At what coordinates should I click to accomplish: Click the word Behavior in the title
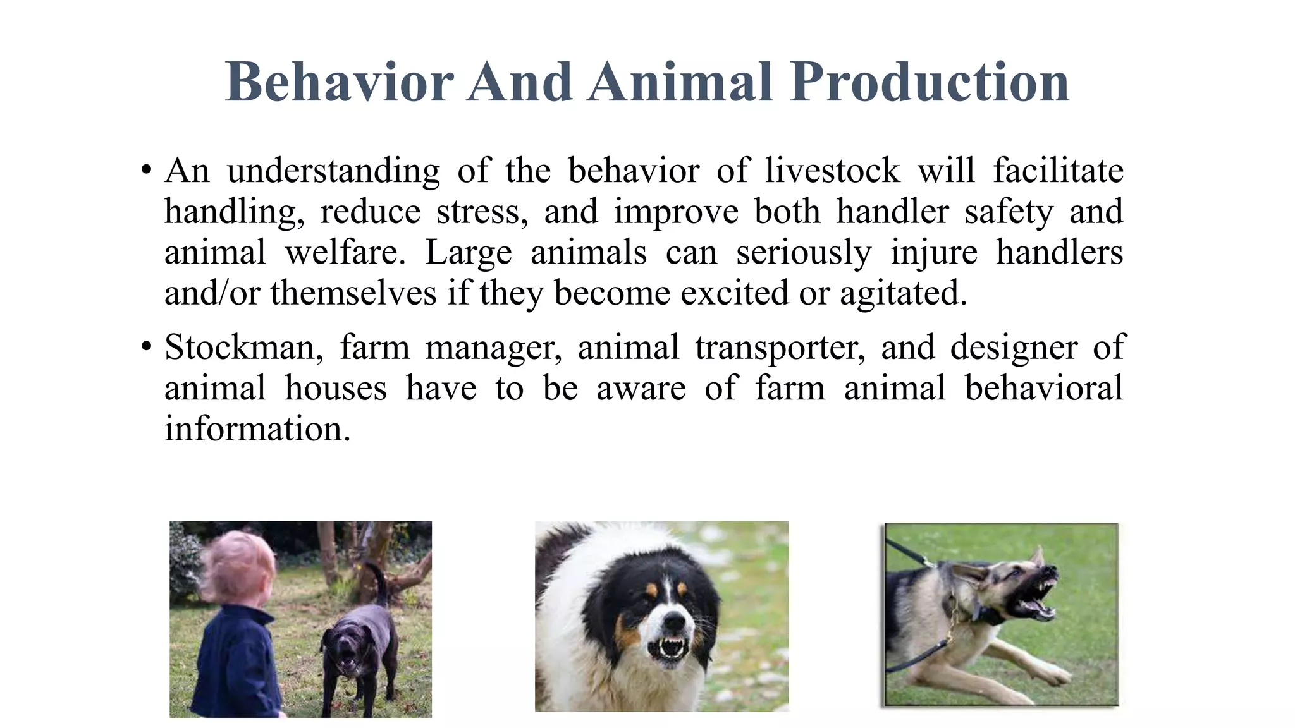point(340,82)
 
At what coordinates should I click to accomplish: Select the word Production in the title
point(930,82)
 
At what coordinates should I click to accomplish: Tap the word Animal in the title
point(680,82)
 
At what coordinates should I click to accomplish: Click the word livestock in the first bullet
point(832,171)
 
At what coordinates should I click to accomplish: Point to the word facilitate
point(1058,171)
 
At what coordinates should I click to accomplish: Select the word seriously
point(804,253)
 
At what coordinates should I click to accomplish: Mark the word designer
point(1014,348)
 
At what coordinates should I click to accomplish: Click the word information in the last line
point(257,429)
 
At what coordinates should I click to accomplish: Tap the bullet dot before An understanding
point(147,171)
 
